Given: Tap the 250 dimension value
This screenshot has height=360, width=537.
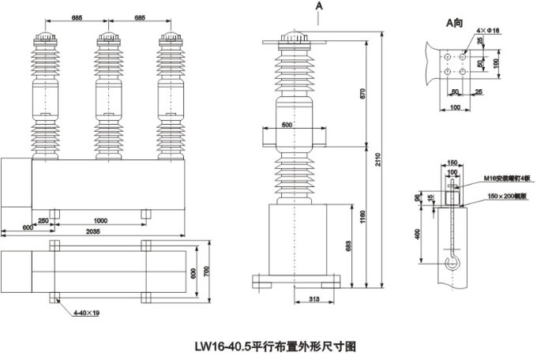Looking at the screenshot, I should tap(43, 220).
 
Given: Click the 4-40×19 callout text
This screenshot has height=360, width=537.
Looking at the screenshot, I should tap(84, 314).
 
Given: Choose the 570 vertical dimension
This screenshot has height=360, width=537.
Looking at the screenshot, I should tap(362, 93).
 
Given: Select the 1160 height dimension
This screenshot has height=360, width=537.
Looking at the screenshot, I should tap(362, 214).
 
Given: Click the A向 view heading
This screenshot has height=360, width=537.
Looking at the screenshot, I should tap(453, 23).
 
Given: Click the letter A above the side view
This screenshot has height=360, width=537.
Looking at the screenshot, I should tap(319, 6).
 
